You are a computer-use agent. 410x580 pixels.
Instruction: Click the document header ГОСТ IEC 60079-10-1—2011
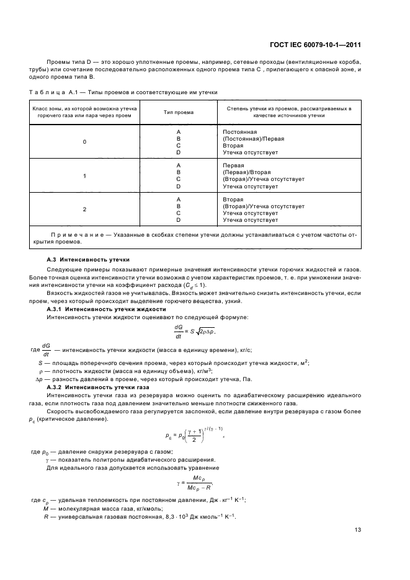point(316,45)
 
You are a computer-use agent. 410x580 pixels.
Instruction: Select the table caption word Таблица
point(44,92)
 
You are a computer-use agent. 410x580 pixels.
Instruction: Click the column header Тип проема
point(178,112)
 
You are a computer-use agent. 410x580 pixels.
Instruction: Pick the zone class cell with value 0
point(85,142)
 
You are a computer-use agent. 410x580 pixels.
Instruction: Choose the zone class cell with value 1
point(85,176)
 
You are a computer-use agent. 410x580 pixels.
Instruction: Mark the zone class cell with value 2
point(85,209)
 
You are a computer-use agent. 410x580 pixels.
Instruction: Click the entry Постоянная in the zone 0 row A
point(239,132)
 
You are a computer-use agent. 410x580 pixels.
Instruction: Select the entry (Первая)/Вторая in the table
point(247,172)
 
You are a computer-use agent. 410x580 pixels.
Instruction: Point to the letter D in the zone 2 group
point(178,219)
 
